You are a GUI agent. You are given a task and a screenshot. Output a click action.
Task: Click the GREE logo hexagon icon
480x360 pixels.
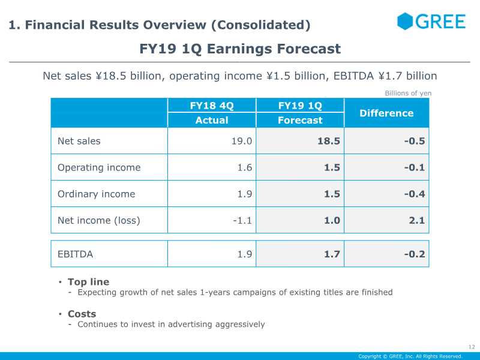tap(405, 21)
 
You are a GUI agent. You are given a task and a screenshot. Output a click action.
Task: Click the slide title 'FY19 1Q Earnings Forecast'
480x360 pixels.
tap(240, 49)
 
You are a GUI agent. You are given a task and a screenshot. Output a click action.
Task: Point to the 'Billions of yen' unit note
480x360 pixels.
tap(408, 93)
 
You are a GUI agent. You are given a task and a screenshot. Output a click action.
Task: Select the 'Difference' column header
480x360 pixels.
tap(386, 113)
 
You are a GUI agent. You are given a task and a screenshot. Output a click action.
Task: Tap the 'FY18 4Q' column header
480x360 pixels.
tap(212, 106)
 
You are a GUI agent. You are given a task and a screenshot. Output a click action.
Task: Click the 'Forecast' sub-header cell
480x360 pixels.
tap(300, 120)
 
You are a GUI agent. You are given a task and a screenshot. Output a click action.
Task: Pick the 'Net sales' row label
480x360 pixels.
tap(79, 141)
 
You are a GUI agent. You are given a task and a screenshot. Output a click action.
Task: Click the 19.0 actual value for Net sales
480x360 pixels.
tap(244, 141)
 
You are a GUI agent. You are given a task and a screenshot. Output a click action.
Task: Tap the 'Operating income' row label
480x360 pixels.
tap(99, 167)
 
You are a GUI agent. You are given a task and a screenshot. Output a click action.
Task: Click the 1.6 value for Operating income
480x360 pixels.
tap(245, 167)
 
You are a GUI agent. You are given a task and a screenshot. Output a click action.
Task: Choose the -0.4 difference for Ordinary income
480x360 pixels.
tap(414, 194)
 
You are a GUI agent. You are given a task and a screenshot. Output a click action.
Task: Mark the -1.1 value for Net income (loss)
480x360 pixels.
tap(242, 220)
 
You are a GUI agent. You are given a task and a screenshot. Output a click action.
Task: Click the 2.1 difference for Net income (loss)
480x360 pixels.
tap(417, 220)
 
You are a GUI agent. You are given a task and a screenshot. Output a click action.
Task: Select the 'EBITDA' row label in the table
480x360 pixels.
tap(76, 254)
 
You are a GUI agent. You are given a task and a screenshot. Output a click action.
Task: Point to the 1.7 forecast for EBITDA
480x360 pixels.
tap(332, 254)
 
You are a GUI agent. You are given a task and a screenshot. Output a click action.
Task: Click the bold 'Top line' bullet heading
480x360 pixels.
tap(88, 281)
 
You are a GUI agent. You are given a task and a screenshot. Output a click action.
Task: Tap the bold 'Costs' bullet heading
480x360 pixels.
tap(82, 314)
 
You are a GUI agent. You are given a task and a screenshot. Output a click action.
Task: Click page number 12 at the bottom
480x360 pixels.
tap(471, 347)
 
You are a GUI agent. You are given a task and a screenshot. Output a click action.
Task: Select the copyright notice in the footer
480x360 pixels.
tap(410, 356)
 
